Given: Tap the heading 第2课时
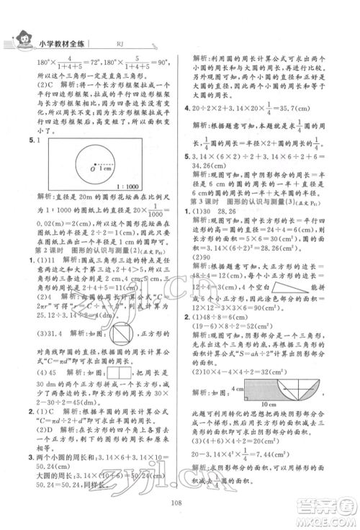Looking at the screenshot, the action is click(x=34, y=251).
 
